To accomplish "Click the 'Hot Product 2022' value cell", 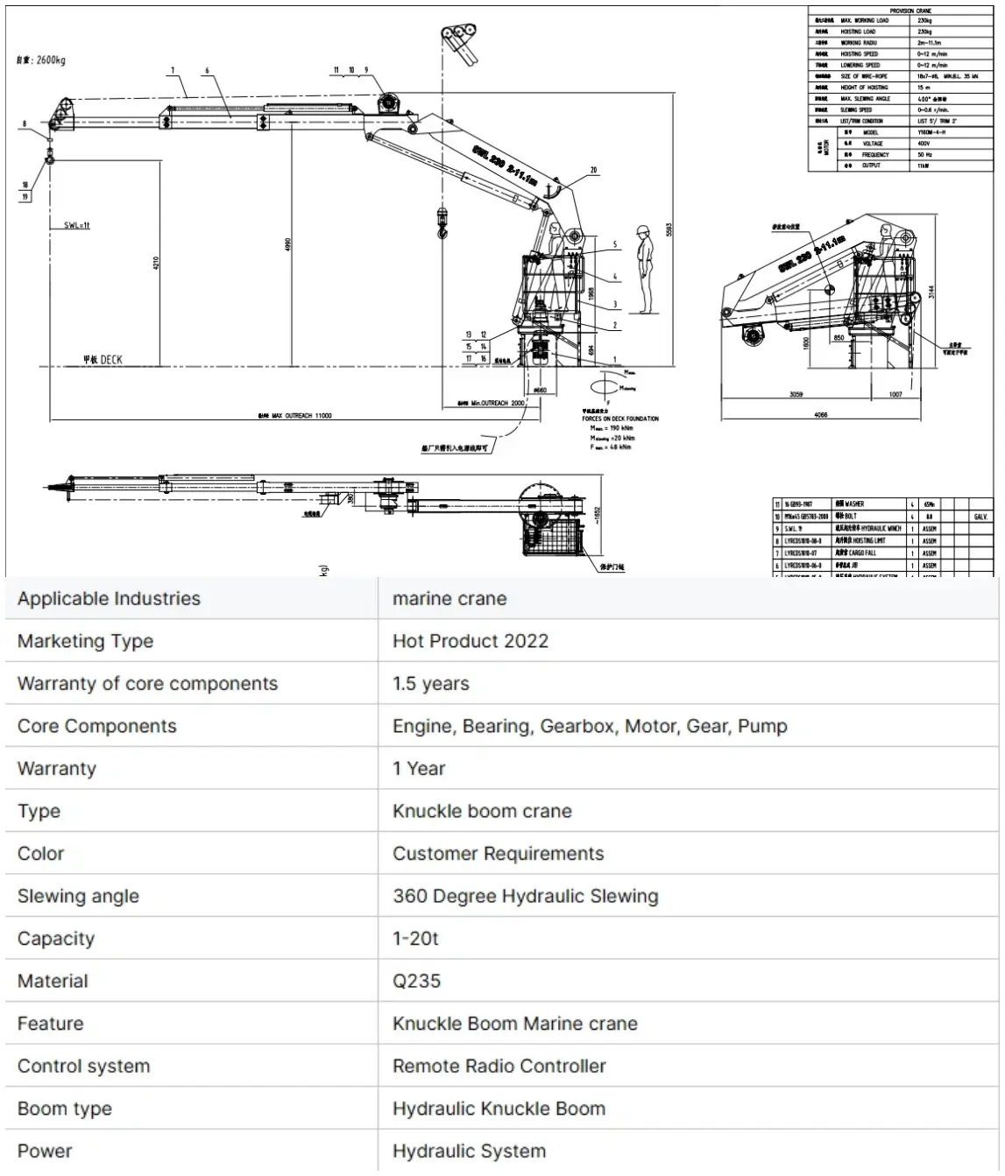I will (470, 641).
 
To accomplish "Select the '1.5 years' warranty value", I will (430, 684).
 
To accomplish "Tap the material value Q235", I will (416, 981).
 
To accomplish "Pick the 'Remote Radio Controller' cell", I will (499, 1066).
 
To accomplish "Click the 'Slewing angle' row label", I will (78, 896).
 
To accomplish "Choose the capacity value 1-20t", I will (414, 939).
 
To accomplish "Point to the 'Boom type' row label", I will (65, 1109).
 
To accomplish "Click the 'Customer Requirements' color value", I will (498, 854).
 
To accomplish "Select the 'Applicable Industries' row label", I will (109, 599).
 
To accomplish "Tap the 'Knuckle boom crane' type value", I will (482, 811).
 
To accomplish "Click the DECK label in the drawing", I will (103, 360).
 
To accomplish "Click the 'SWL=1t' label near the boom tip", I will (77, 226).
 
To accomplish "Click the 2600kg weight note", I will (42, 60).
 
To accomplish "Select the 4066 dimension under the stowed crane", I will (820, 415).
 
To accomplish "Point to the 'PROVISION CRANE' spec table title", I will (910, 11).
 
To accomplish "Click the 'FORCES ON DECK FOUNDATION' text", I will (620, 419).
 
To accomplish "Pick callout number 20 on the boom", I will (593, 170).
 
